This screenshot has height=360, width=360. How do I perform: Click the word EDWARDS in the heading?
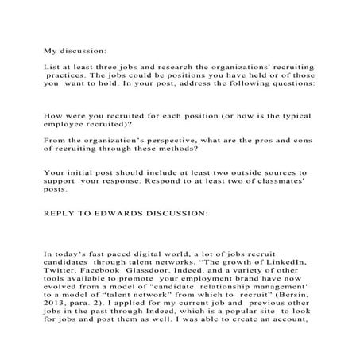coord(123,214)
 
